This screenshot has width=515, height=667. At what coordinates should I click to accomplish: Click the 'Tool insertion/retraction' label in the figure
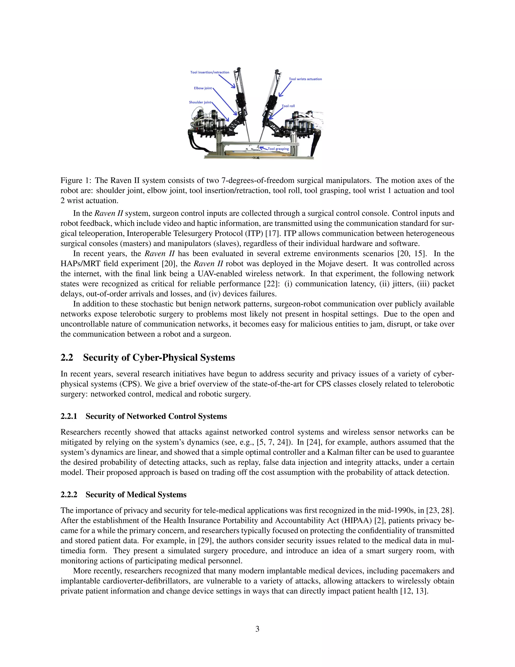210,72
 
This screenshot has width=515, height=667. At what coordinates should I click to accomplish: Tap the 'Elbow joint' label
203,88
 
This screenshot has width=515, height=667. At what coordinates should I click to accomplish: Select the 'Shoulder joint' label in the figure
200,102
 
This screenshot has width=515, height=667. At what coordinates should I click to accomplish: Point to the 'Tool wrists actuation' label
305,79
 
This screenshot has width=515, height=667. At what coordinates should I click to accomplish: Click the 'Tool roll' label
288,106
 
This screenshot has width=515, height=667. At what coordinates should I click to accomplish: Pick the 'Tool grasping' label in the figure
278,149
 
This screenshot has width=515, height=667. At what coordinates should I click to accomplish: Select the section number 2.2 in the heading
67,358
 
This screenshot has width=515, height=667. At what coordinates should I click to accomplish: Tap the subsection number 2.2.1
69,416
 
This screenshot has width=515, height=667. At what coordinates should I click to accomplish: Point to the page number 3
257,629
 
